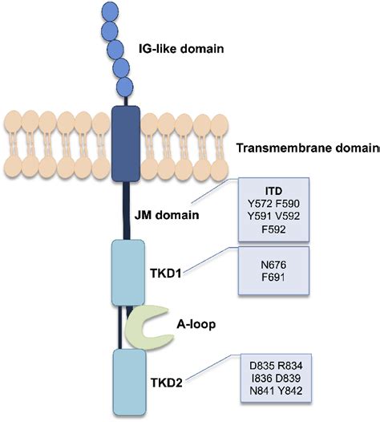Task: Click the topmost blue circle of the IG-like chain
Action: click(x=110, y=11)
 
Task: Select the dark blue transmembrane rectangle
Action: click(x=124, y=138)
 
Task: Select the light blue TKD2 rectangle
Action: click(x=127, y=379)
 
